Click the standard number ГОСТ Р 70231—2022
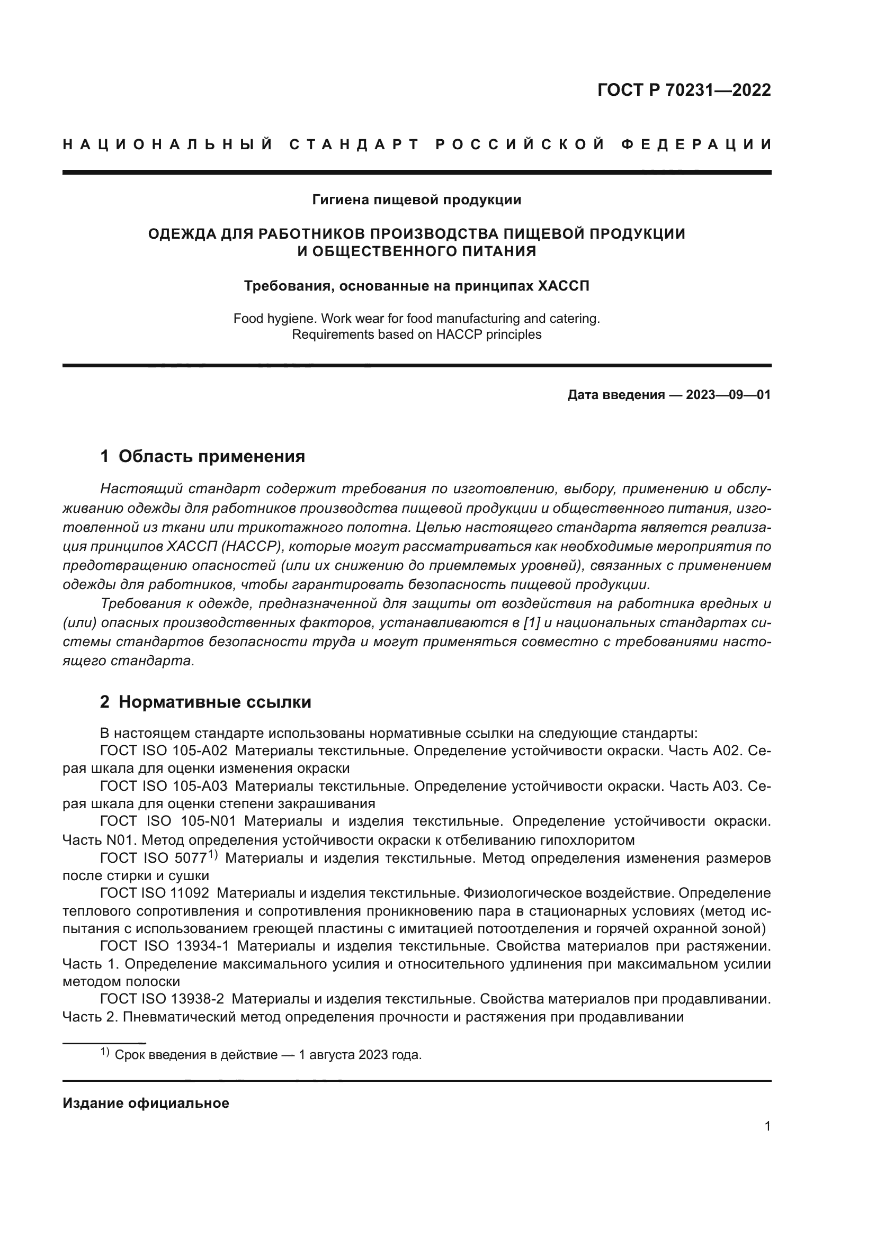coord(684,90)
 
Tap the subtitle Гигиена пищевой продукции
coord(416,200)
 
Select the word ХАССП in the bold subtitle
coord(564,286)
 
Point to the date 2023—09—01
coord(728,395)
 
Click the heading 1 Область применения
coord(202,456)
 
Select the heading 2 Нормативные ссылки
coord(205,702)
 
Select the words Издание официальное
coord(146,1103)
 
